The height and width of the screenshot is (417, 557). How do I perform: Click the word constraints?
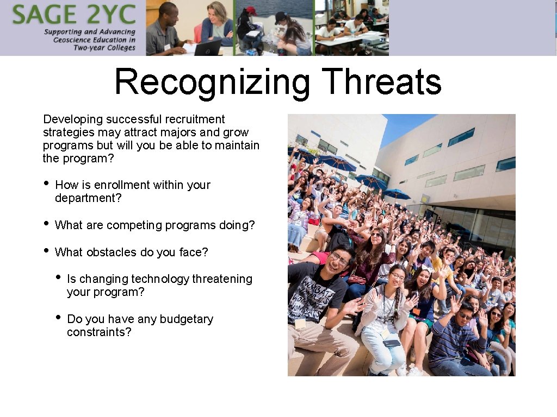[99, 332]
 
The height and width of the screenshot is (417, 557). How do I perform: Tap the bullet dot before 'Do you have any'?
[58, 318]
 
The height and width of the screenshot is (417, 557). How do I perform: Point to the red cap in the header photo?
[251, 10]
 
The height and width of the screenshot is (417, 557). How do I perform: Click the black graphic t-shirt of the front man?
[315, 296]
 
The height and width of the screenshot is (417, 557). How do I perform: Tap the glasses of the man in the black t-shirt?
[340, 260]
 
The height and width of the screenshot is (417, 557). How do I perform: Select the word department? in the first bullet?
[89, 198]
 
